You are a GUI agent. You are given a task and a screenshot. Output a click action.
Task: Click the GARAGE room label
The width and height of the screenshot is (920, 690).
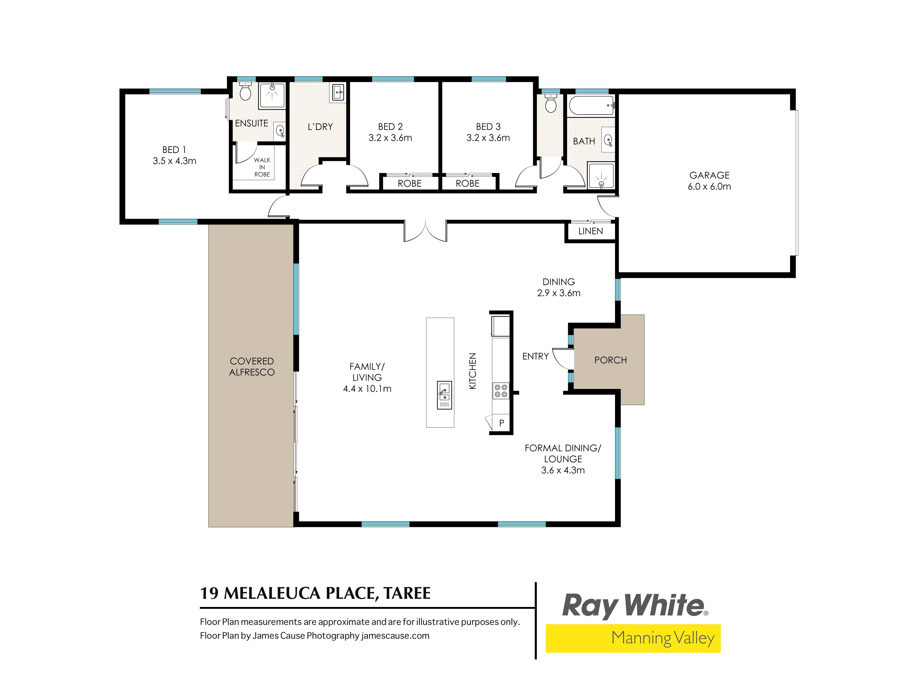tap(709, 175)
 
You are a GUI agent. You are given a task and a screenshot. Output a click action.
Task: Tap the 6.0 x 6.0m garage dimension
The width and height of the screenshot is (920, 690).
tap(709, 186)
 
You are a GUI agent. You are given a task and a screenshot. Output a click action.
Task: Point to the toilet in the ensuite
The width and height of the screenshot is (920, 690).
tap(245, 91)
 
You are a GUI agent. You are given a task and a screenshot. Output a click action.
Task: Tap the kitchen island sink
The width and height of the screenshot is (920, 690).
tap(444, 395)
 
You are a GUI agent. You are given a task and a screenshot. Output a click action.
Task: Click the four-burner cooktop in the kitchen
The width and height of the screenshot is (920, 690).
tap(501, 391)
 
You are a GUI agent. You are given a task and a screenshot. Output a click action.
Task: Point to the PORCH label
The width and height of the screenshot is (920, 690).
tap(610, 360)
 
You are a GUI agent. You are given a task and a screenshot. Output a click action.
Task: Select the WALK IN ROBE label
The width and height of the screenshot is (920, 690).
tap(262, 167)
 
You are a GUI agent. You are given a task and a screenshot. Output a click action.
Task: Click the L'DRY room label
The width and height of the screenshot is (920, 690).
tap(320, 127)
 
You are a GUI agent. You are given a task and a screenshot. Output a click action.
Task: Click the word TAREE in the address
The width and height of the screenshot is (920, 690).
tap(407, 593)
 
